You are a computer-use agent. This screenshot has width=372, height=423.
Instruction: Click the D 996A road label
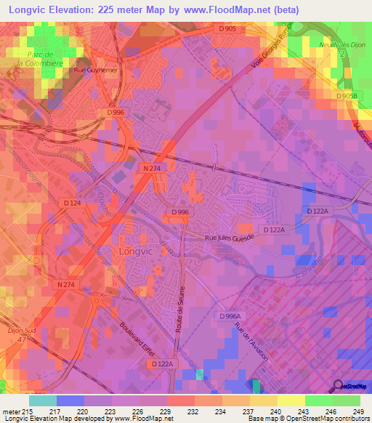232,316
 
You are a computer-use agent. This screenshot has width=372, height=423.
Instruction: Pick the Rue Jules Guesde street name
230,237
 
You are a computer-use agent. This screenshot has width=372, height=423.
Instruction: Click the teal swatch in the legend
42,400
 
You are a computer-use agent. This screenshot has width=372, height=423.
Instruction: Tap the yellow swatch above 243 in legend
291,400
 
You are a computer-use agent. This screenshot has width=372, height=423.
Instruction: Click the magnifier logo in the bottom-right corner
339,387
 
